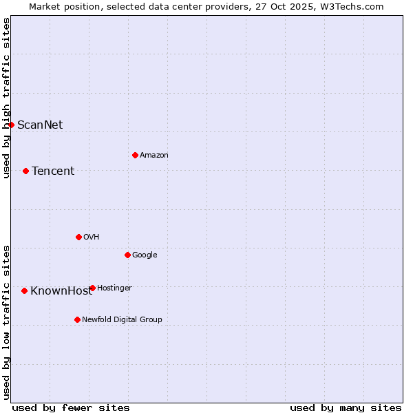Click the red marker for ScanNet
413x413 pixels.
tap(12, 125)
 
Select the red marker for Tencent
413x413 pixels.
tap(26, 171)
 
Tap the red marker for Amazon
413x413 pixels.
tap(135, 155)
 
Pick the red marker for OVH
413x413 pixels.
tap(78, 237)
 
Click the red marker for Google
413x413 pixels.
tap(127, 255)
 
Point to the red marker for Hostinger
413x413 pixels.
tap(92, 288)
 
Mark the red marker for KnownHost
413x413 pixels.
tap(25, 290)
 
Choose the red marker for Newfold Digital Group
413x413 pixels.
tap(77, 319)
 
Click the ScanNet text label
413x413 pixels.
tap(40, 125)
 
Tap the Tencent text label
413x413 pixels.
tap(53, 171)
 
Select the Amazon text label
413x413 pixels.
tap(154, 155)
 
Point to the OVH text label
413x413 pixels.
tap(92, 237)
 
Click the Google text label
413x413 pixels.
tap(145, 255)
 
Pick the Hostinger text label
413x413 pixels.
tap(114, 288)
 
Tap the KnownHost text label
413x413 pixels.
tap(61, 290)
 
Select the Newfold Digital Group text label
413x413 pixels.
tap(122, 319)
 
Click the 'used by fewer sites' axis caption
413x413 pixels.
tap(71, 407)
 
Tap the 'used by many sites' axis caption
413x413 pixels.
tap(346, 407)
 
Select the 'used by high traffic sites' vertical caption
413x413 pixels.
tap(6, 98)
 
